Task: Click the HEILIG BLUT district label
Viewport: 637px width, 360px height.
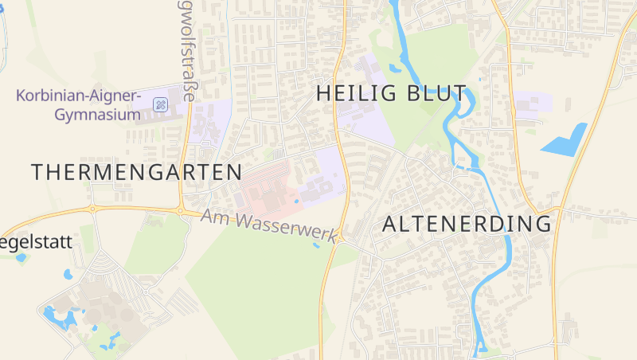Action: click(x=391, y=93)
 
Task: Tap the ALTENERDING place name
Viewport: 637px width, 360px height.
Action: click(x=467, y=224)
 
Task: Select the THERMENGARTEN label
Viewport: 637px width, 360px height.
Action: click(x=136, y=171)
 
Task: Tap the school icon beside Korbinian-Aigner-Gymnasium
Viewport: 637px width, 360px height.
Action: click(x=160, y=104)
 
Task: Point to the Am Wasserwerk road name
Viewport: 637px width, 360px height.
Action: click(x=270, y=225)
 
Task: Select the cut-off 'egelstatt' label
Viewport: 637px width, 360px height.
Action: click(x=37, y=242)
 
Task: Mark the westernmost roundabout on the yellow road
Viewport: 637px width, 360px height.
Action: click(x=92, y=209)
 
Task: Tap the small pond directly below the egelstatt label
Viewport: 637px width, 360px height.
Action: click(x=21, y=257)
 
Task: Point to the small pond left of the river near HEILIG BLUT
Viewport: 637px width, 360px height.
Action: click(x=396, y=67)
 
